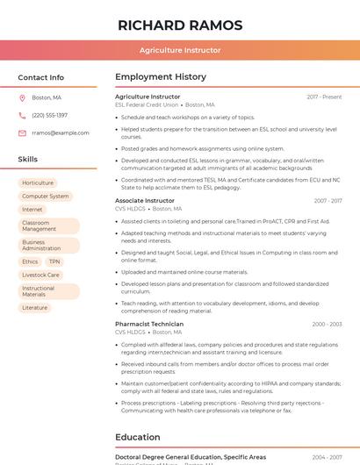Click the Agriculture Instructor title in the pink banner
(x=179, y=50)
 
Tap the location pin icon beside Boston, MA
(x=22, y=97)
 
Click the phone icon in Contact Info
(x=22, y=115)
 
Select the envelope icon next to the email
(x=22, y=132)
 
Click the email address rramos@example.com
(x=61, y=132)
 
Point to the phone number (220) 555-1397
(x=49, y=115)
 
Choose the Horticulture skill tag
(x=38, y=183)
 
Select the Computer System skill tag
(x=46, y=197)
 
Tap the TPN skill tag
(x=54, y=261)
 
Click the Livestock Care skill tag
(x=41, y=275)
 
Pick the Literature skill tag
(x=35, y=308)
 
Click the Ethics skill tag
(x=30, y=261)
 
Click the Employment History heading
(x=161, y=77)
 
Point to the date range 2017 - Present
(x=324, y=97)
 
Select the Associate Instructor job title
(x=145, y=201)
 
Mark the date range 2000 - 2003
(x=327, y=324)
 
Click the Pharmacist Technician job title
(x=149, y=324)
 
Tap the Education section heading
(x=138, y=437)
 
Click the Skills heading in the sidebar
(x=28, y=160)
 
